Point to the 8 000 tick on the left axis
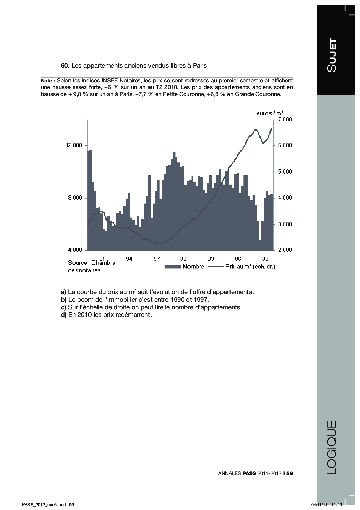coord(75,198)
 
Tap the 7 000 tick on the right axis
coord(285,119)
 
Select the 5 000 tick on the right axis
coord(285,172)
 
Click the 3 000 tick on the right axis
coord(285,224)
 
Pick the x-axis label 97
coord(157,259)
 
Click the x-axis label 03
coord(211,259)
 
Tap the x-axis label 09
coord(265,259)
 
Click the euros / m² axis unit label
coord(270,113)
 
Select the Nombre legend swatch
coord(173,267)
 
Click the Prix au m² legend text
coord(250,267)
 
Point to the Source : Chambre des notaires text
coord(91,266)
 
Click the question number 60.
coord(65,66)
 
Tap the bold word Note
coord(47,81)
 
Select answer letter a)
coord(63,292)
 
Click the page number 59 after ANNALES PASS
coord(290,473)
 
